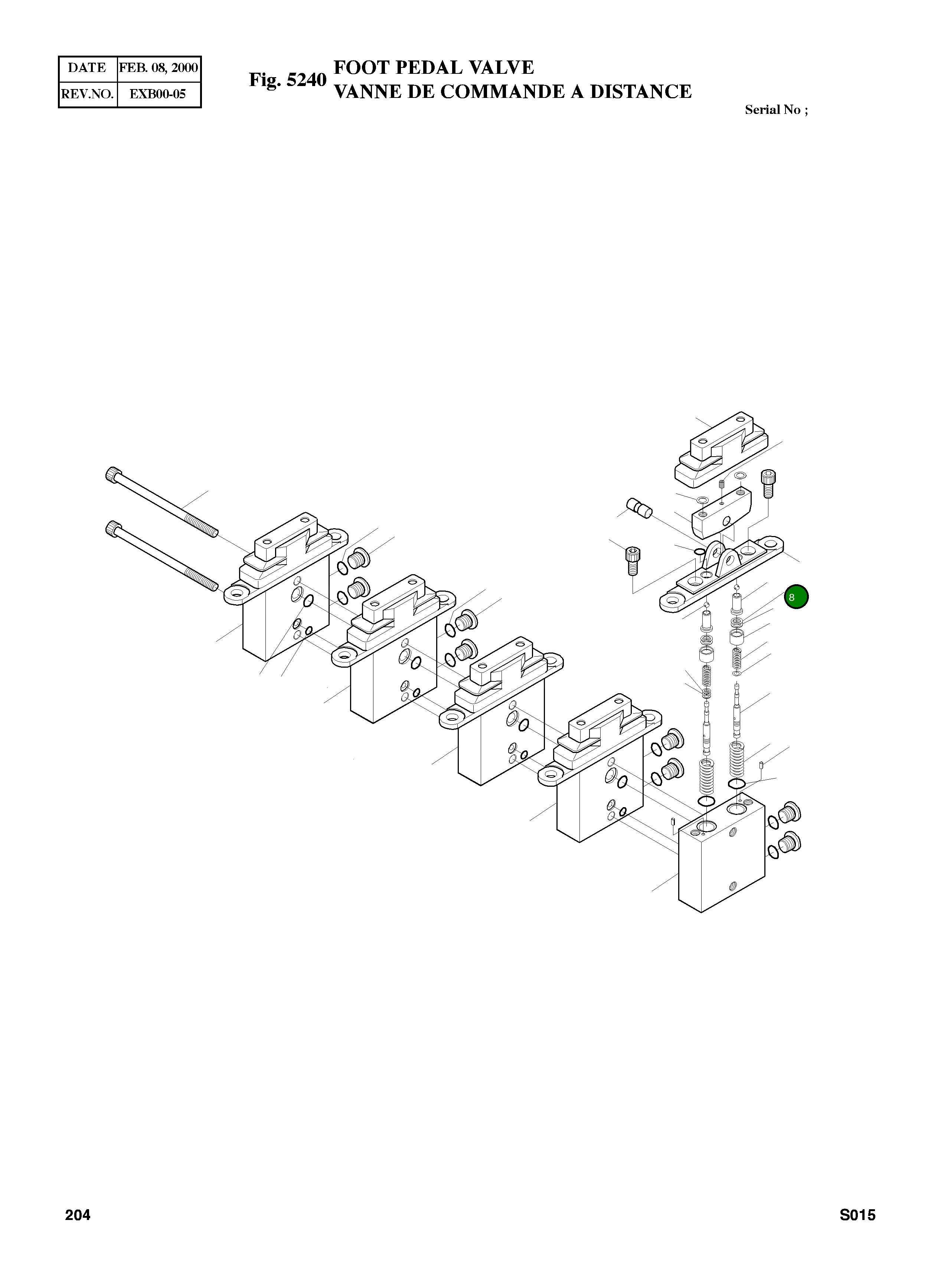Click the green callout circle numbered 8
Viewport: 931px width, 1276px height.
[796, 597]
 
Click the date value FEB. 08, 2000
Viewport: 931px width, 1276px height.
[159, 68]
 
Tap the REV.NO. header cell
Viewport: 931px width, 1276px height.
[87, 94]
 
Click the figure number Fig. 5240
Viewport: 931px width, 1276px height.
[287, 80]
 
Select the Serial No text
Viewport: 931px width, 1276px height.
[776, 110]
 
